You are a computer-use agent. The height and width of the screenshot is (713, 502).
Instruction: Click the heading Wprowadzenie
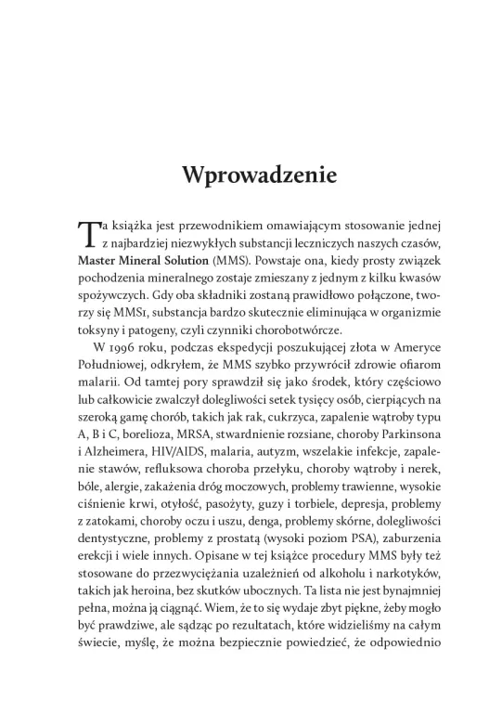[x=251, y=175]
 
